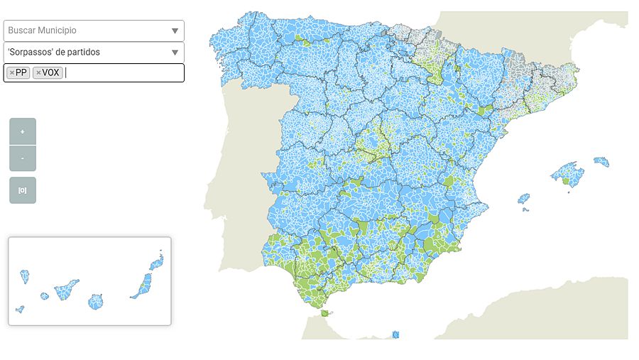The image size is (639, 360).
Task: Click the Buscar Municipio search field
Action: [x=85, y=31]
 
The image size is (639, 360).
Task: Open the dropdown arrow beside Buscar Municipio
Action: [x=175, y=31]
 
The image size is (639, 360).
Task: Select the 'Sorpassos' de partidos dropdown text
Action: [x=54, y=52]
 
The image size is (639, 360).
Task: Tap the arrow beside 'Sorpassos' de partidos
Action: [x=175, y=52]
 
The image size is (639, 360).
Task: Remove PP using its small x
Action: [x=12, y=72]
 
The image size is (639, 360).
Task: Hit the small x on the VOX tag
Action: [x=38, y=72]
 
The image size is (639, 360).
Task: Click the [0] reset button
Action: [x=23, y=190]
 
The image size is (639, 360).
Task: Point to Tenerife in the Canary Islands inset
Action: [x=67, y=289]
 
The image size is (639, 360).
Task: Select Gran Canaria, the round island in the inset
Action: [x=96, y=302]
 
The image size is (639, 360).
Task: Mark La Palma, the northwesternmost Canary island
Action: [x=25, y=276]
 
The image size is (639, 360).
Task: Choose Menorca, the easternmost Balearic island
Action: [x=601, y=162]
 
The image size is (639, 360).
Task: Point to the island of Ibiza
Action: [x=524, y=199]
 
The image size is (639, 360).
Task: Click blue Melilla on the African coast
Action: [x=395, y=334]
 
